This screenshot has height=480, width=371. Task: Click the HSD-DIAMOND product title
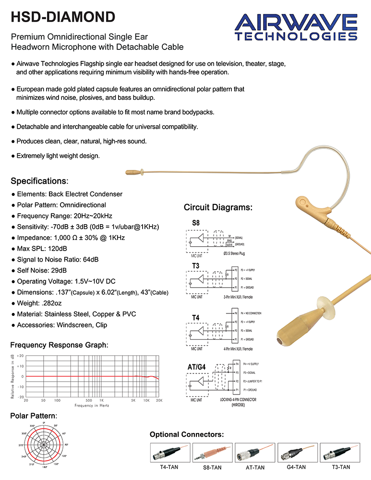pos(63,17)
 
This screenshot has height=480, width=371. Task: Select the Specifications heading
pos(39,181)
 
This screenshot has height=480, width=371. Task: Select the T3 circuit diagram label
pos(196,266)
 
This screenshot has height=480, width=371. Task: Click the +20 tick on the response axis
pos(20,356)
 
